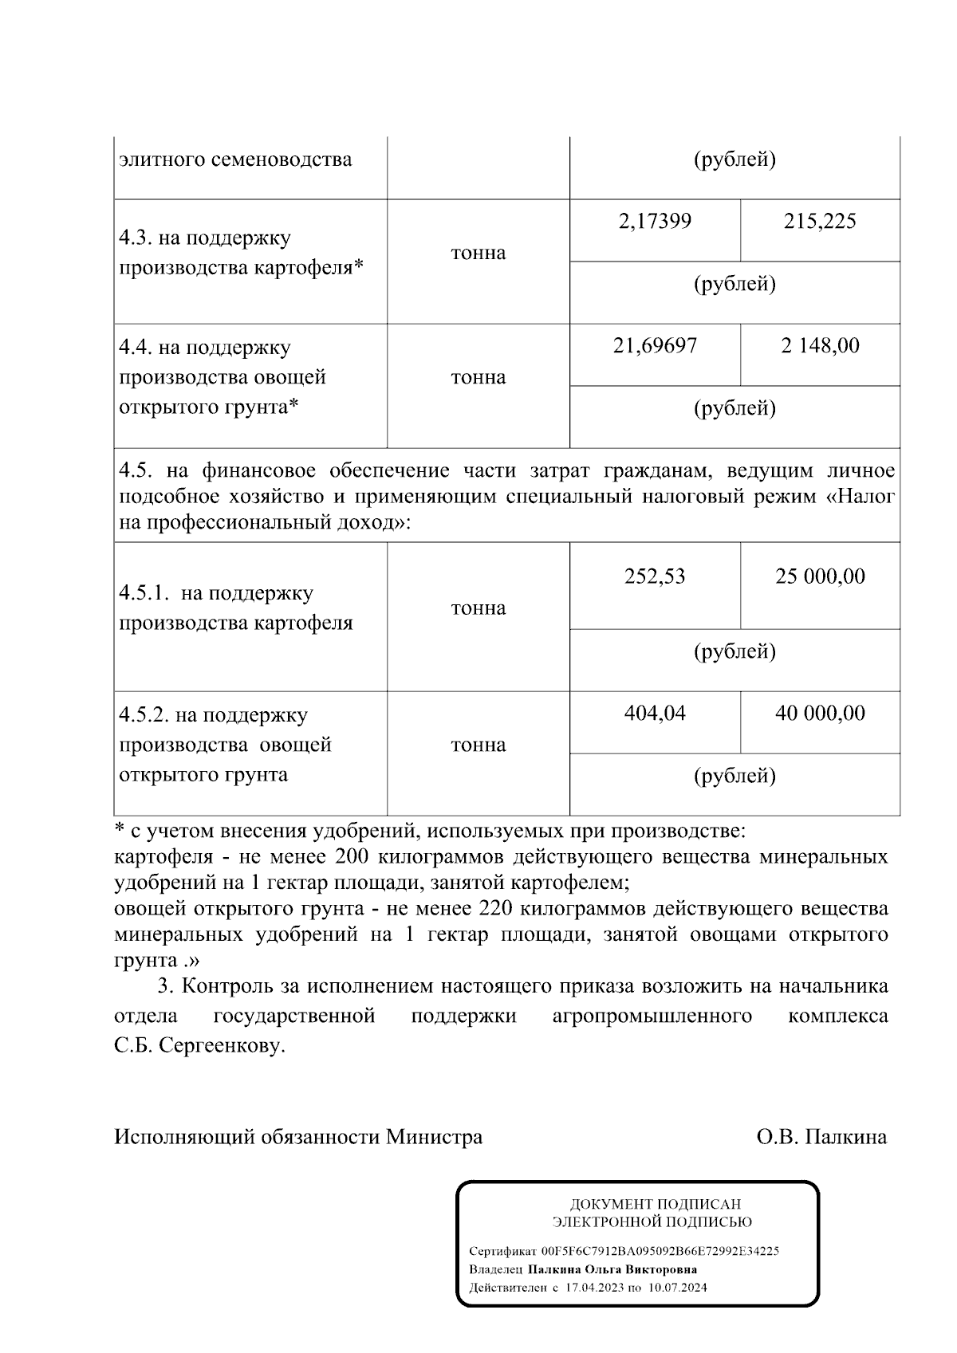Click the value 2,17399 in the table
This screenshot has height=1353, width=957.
tap(655, 221)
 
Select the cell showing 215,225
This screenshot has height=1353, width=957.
tap(819, 221)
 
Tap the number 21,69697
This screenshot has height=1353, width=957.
tap(655, 345)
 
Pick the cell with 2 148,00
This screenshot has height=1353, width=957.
tap(820, 345)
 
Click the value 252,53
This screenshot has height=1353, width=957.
tap(655, 576)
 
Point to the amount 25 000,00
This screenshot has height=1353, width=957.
tap(820, 576)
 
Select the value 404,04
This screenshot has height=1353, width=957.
tap(655, 713)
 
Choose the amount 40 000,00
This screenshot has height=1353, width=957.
tap(820, 713)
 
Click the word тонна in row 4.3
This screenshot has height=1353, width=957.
tap(478, 253)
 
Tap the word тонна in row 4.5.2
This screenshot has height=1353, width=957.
tap(478, 745)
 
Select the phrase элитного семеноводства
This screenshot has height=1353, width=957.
tap(235, 159)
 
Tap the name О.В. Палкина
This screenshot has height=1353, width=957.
tap(821, 1136)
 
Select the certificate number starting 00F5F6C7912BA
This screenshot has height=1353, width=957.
tap(660, 1251)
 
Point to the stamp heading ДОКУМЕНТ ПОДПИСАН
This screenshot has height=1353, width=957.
tap(654, 1204)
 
